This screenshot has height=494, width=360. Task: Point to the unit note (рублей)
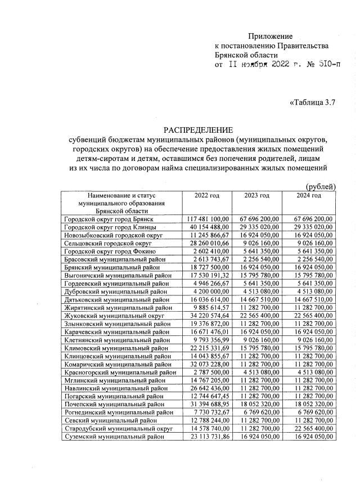coord(320,186)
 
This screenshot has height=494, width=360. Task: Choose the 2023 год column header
coord(257,195)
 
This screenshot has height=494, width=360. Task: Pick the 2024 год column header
coord(309,195)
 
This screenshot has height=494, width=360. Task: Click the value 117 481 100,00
coord(207,218)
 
